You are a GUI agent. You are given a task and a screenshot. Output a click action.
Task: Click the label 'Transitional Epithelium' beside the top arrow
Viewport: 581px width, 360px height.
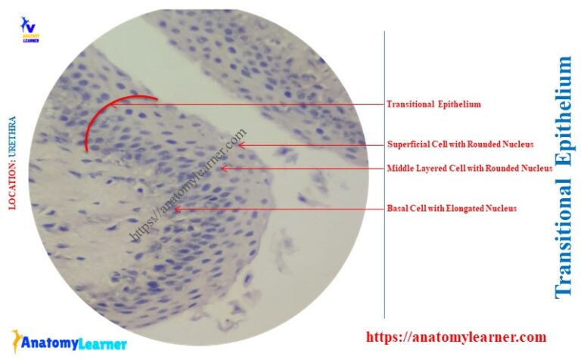(x=433, y=104)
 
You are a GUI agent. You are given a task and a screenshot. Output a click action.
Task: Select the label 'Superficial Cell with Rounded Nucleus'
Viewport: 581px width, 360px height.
(x=461, y=144)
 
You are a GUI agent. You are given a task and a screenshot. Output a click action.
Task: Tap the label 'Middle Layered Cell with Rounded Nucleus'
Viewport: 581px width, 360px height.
(x=470, y=169)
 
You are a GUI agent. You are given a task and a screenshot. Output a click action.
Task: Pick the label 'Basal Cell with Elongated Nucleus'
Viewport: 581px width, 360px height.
(x=452, y=208)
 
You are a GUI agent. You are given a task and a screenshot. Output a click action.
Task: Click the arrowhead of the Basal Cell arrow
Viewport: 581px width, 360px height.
(x=176, y=208)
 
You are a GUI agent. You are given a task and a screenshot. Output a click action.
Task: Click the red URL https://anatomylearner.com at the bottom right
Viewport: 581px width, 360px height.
(x=455, y=337)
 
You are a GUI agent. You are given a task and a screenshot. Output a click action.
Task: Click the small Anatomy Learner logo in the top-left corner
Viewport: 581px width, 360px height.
(x=31, y=29)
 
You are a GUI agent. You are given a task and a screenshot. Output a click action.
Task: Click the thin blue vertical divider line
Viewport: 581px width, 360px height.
(x=384, y=174)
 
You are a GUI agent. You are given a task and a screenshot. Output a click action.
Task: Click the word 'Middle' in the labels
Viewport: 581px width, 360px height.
(x=399, y=169)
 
